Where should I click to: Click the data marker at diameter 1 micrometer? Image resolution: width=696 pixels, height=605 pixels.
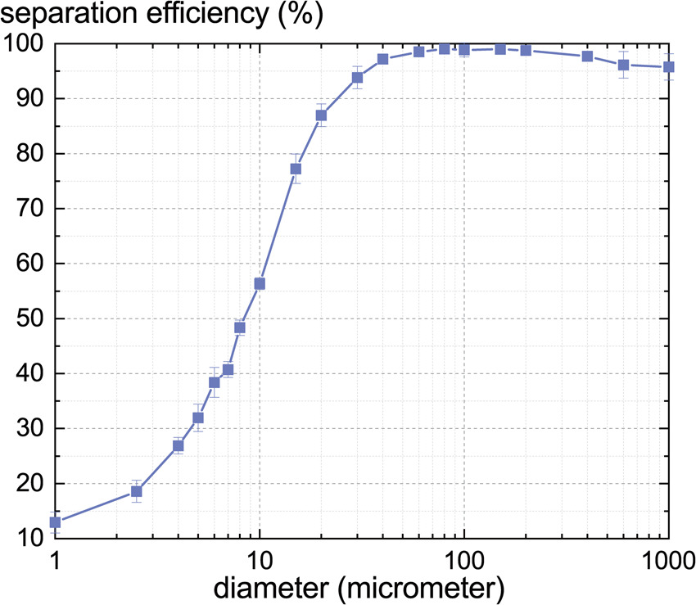56,521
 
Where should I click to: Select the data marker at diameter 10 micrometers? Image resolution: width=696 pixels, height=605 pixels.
260,283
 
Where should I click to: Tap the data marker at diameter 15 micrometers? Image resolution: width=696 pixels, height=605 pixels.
296,169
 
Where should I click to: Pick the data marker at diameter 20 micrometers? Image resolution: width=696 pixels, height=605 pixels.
321,115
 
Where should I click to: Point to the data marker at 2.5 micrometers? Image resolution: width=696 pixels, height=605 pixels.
137,491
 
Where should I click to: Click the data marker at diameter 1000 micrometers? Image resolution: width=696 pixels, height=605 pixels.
668,67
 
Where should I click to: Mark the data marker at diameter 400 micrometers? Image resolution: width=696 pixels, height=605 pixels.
587,56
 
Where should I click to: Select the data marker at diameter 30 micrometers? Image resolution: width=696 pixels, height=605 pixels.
357,77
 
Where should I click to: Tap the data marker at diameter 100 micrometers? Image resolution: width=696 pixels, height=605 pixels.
464,49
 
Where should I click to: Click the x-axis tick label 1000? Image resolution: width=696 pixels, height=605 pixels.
667,562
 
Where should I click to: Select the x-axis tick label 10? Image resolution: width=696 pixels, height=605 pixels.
260,562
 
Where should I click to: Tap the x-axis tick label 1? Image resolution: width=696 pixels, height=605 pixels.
56,562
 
